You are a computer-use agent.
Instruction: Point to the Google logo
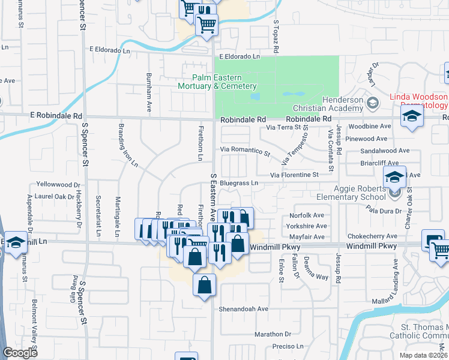click(x=20, y=353)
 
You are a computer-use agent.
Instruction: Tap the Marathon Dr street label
click(x=272, y=334)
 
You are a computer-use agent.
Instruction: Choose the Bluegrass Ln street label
click(x=238, y=182)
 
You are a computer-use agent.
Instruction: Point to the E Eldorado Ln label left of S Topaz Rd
click(x=240, y=56)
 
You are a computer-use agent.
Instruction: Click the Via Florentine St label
click(x=294, y=175)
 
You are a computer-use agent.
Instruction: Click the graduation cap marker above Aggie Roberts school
click(x=394, y=176)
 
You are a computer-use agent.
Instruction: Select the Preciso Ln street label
click(x=288, y=346)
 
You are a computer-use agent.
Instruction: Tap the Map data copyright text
click(x=423, y=355)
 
